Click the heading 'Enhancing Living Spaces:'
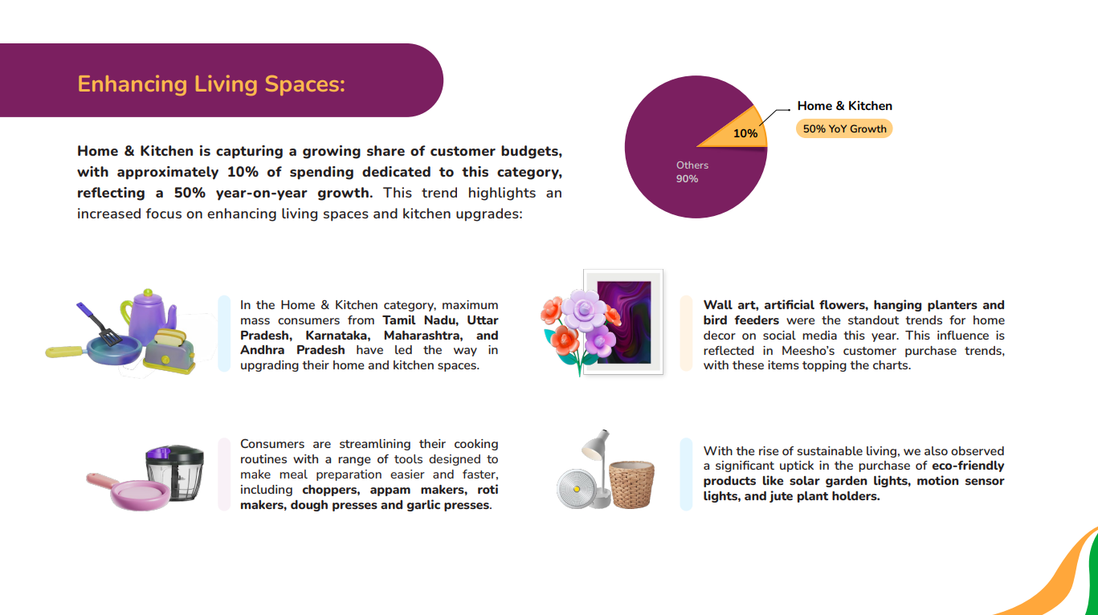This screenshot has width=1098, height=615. coord(211,84)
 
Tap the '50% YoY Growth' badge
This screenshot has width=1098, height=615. coord(844,129)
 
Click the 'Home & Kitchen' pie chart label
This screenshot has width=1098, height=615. coord(844,106)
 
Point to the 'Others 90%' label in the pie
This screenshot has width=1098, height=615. coord(692,172)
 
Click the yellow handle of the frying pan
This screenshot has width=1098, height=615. coord(65,352)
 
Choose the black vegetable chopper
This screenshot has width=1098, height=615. coord(174,472)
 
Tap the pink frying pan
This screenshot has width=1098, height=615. coord(133,492)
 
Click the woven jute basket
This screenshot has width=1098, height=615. coord(631,483)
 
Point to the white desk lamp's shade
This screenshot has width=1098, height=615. coord(594,446)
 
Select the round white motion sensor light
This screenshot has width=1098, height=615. coord(577,489)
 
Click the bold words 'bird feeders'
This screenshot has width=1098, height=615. coord(741,320)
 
